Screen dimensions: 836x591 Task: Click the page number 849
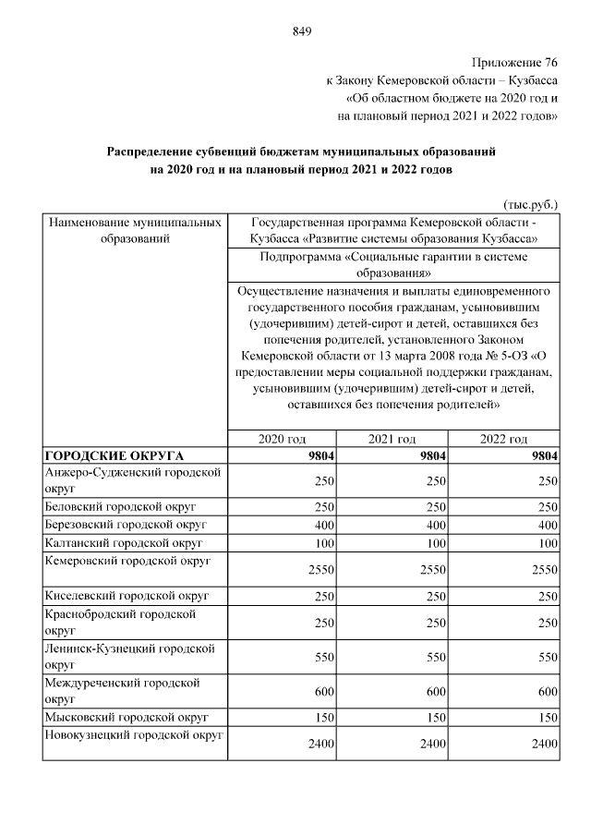point(301,31)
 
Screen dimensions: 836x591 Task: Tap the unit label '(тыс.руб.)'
point(530,202)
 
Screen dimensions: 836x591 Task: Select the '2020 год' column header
point(281,438)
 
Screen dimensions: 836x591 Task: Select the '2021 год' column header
point(392,438)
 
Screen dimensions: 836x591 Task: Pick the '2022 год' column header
point(503,438)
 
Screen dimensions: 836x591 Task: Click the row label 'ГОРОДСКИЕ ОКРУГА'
point(115,455)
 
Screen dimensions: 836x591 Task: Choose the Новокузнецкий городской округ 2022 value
point(542,743)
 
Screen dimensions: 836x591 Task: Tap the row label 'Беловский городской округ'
point(120,507)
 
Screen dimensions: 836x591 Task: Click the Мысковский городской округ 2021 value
point(434,717)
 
